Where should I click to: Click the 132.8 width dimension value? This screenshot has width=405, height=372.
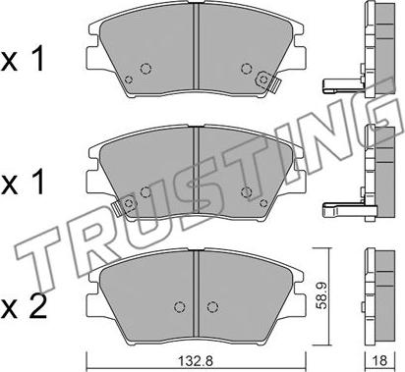click(x=196, y=361)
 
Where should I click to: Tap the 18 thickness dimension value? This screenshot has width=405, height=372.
click(x=380, y=360)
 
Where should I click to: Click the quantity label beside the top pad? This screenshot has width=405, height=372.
click(x=23, y=60)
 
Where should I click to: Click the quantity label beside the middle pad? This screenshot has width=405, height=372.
click(x=23, y=184)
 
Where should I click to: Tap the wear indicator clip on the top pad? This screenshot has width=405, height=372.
click(x=268, y=80)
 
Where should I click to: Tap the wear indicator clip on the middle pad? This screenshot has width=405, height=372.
click(x=124, y=206)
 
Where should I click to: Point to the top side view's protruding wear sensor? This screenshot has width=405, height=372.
click(x=343, y=84)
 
